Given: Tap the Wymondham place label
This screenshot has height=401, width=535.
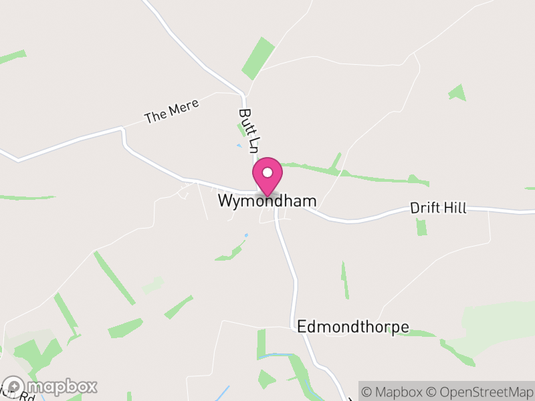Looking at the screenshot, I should pos(267,201).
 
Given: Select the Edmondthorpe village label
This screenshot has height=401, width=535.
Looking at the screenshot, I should pos(353,327).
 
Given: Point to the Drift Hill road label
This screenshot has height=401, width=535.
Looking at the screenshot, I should pos(438,209).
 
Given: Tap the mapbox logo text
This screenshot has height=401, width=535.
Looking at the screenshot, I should pos(62,386).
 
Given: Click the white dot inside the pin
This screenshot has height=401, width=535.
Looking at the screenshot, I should pos(267,172).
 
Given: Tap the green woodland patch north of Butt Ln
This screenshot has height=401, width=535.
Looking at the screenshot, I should pos(259,58).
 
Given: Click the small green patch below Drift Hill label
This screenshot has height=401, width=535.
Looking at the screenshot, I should pos(421,227).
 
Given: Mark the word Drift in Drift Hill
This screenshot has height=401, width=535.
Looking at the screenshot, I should pos(425,209).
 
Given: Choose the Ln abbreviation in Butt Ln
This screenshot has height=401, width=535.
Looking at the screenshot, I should pos(251,144).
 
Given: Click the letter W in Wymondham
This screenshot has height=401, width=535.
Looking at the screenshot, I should pos(225,201).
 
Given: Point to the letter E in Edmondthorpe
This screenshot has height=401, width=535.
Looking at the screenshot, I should pos(301,327).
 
